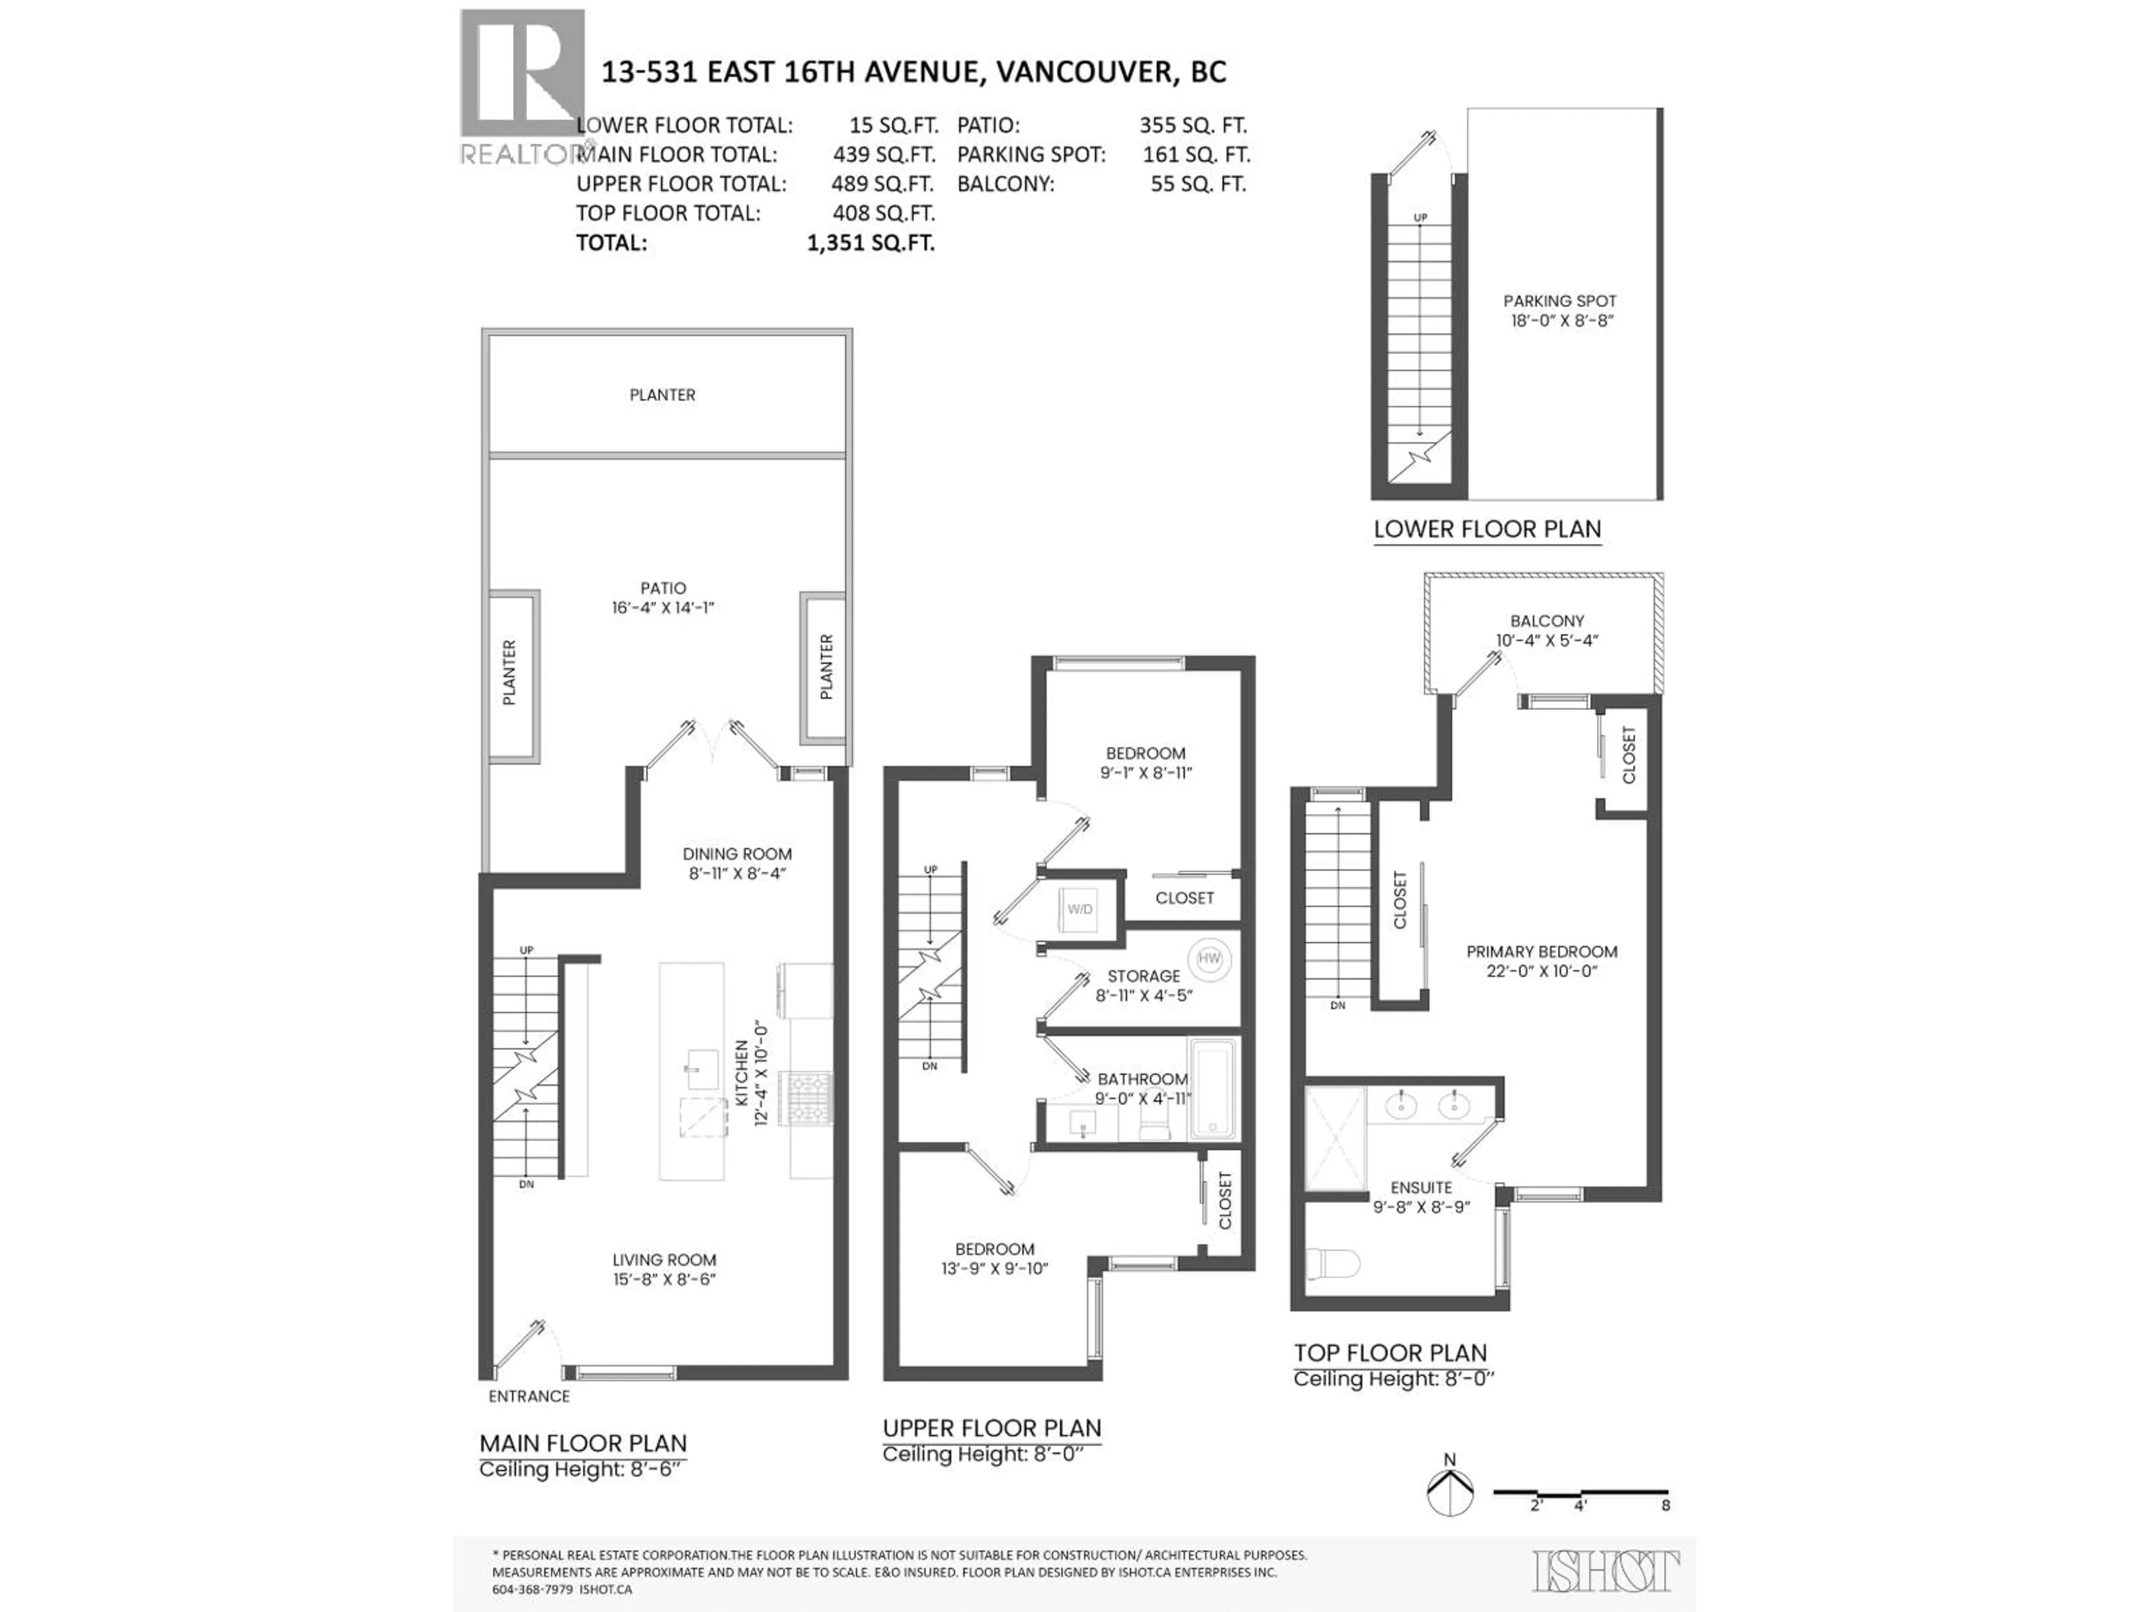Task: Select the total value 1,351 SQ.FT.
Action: (870, 243)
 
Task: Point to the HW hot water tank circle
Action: (1209, 959)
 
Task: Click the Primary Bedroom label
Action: (1542, 961)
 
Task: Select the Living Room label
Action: (664, 1269)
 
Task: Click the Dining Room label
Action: (736, 863)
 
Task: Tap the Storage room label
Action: (1143, 985)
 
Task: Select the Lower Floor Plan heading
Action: (1486, 529)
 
